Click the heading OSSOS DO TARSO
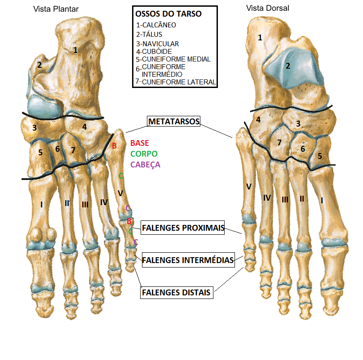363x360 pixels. (168, 14)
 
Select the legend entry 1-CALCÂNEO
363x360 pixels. (156, 25)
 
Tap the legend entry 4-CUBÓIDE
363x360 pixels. (154, 52)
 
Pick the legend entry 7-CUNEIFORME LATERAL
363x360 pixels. (176, 82)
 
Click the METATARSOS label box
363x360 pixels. (173, 121)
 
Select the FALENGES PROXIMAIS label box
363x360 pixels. (183, 228)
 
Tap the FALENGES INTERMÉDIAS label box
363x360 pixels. (188, 260)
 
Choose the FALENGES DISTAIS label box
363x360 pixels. (177, 292)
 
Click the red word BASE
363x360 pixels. (140, 143)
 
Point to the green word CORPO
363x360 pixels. (144, 154)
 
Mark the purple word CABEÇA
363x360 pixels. (145, 165)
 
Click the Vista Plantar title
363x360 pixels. (56, 9)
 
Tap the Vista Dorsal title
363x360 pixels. (268, 8)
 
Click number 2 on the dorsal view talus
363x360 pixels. (288, 66)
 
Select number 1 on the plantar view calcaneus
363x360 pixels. (75, 50)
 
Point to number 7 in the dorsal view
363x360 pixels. (279, 143)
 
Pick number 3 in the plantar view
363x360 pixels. (35, 128)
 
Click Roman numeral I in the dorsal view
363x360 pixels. (322, 200)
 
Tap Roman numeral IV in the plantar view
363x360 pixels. (104, 202)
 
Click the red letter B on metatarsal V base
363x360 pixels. (114, 146)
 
